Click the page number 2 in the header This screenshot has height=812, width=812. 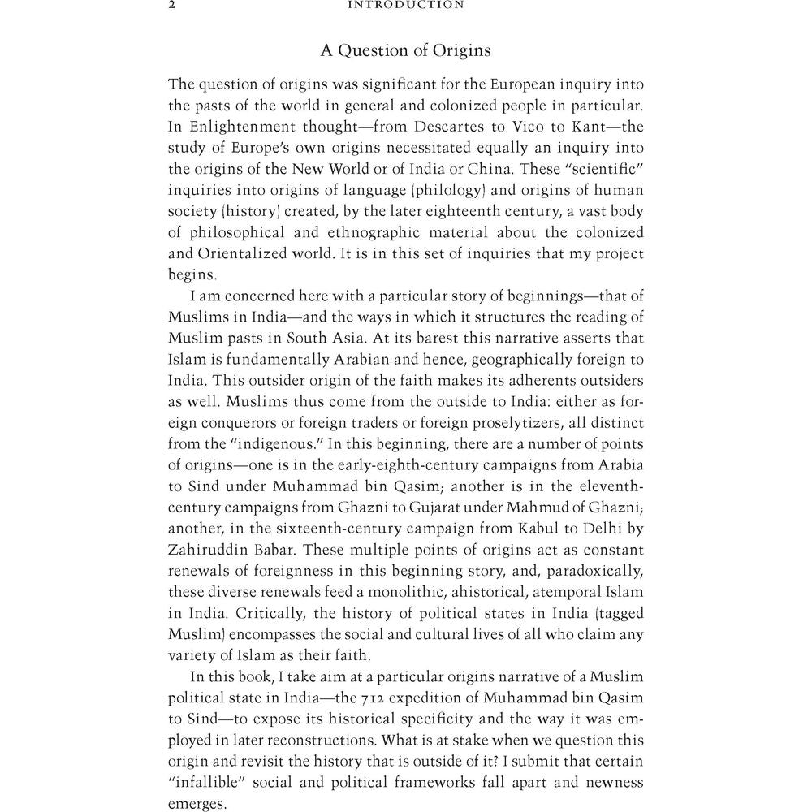point(171,5)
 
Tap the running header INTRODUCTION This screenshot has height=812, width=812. point(405,5)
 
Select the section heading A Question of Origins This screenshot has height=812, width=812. point(405,50)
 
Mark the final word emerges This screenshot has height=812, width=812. point(197,804)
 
